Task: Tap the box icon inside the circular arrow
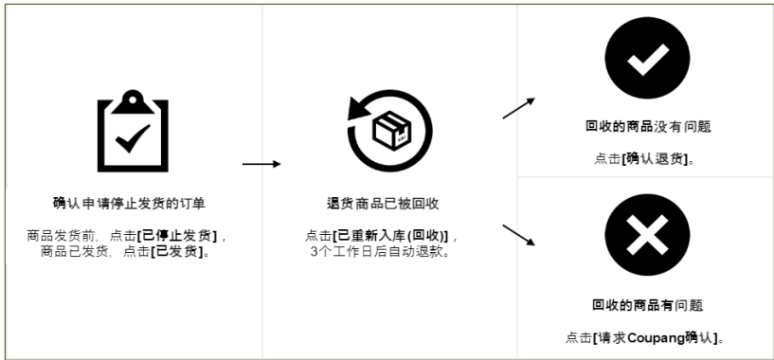pyautogui.click(x=390, y=132)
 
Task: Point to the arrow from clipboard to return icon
pyautogui.click(x=261, y=164)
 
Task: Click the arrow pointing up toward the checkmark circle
pyautogui.click(x=518, y=107)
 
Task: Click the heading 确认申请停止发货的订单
pyautogui.click(x=129, y=202)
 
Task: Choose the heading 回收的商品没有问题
pyautogui.click(x=648, y=126)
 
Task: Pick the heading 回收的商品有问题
pyautogui.click(x=647, y=305)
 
